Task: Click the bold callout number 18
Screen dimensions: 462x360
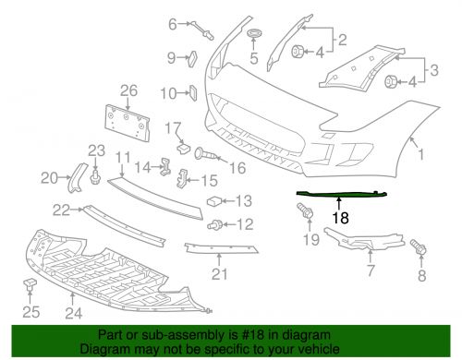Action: point(340,218)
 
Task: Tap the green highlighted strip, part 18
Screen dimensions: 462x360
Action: point(341,194)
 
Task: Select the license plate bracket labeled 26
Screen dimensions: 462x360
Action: point(128,123)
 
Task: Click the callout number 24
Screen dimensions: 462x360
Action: point(74,313)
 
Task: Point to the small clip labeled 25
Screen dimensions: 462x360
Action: point(30,283)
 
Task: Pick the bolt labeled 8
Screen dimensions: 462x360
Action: point(418,246)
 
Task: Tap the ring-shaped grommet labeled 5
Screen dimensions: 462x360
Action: point(254,32)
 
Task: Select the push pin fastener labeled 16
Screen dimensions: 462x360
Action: point(206,153)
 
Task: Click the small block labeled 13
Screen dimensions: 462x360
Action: point(214,201)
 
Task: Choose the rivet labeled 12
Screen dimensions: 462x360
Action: point(214,225)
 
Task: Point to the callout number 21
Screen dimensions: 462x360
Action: point(219,274)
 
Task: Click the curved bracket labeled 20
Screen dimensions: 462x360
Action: point(77,178)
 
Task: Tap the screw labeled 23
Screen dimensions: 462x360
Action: point(95,177)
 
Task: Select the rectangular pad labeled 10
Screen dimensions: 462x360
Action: point(193,92)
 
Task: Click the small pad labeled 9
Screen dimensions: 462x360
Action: point(192,58)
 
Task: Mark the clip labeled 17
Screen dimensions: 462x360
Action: point(184,149)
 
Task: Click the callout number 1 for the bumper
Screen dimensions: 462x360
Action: point(420,154)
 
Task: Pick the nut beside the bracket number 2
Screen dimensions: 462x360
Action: point(298,51)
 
